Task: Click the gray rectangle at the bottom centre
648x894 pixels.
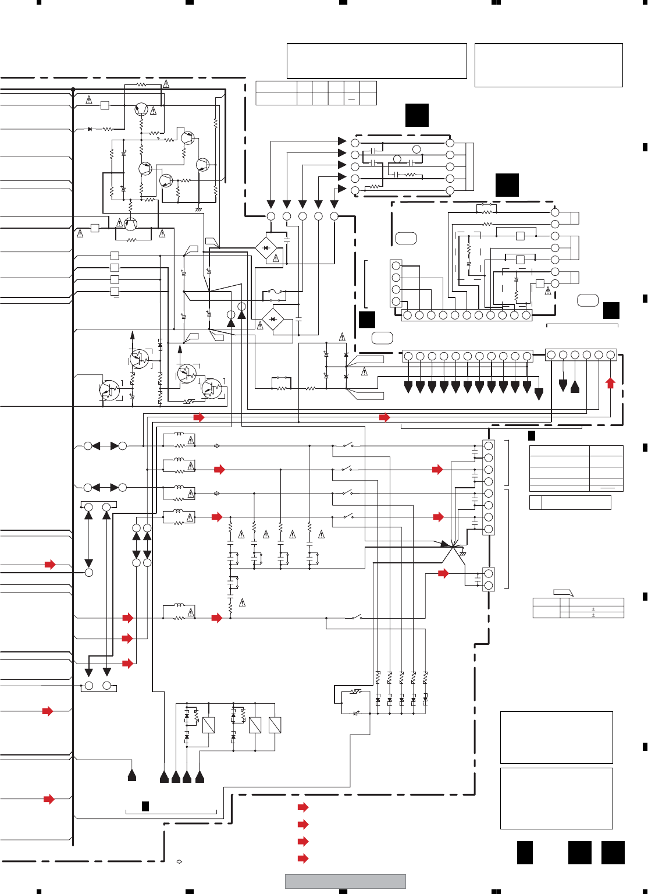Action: coord(345,881)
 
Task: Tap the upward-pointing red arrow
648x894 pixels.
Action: coord(610,382)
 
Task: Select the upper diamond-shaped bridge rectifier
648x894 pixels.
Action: coord(266,248)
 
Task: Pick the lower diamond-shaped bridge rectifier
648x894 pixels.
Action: coord(273,320)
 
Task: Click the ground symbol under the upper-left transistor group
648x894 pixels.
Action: coord(199,209)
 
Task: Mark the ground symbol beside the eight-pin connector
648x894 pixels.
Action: coord(463,554)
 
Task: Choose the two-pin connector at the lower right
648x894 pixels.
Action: coord(489,580)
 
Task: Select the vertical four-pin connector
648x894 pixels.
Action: coord(396,283)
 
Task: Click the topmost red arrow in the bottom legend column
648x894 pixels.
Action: coord(303,807)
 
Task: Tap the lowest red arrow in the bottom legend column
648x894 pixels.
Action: coord(303,858)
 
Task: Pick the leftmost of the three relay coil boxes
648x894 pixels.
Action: coord(208,725)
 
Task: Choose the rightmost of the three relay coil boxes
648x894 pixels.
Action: coord(275,725)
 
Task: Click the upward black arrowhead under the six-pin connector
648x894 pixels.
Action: coord(575,386)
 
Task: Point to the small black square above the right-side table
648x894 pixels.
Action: coord(532,436)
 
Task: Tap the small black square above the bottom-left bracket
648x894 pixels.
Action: coord(145,806)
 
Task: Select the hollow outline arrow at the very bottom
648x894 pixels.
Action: coord(180,861)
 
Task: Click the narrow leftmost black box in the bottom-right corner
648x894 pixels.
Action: coord(525,853)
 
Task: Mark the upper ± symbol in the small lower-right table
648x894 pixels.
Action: coord(593,609)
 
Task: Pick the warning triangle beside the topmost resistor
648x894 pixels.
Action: coord(166,84)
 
